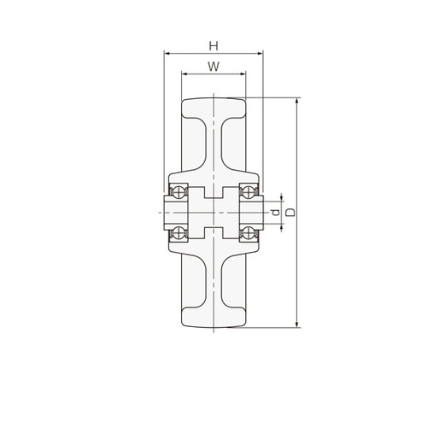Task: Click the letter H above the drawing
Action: pyautogui.click(x=213, y=46)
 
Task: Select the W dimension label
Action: pyautogui.click(x=213, y=67)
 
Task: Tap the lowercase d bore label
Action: pyautogui.click(x=275, y=213)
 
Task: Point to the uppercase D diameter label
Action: pyautogui.click(x=290, y=213)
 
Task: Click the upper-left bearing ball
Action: pyautogui.click(x=178, y=191)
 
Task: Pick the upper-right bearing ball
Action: pyautogui.click(x=249, y=191)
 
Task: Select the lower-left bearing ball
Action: pyautogui.click(x=178, y=234)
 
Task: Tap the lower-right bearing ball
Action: pyautogui.click(x=249, y=234)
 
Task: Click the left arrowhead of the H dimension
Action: pyautogui.click(x=167, y=53)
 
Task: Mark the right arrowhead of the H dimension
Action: pyautogui.click(x=260, y=53)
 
